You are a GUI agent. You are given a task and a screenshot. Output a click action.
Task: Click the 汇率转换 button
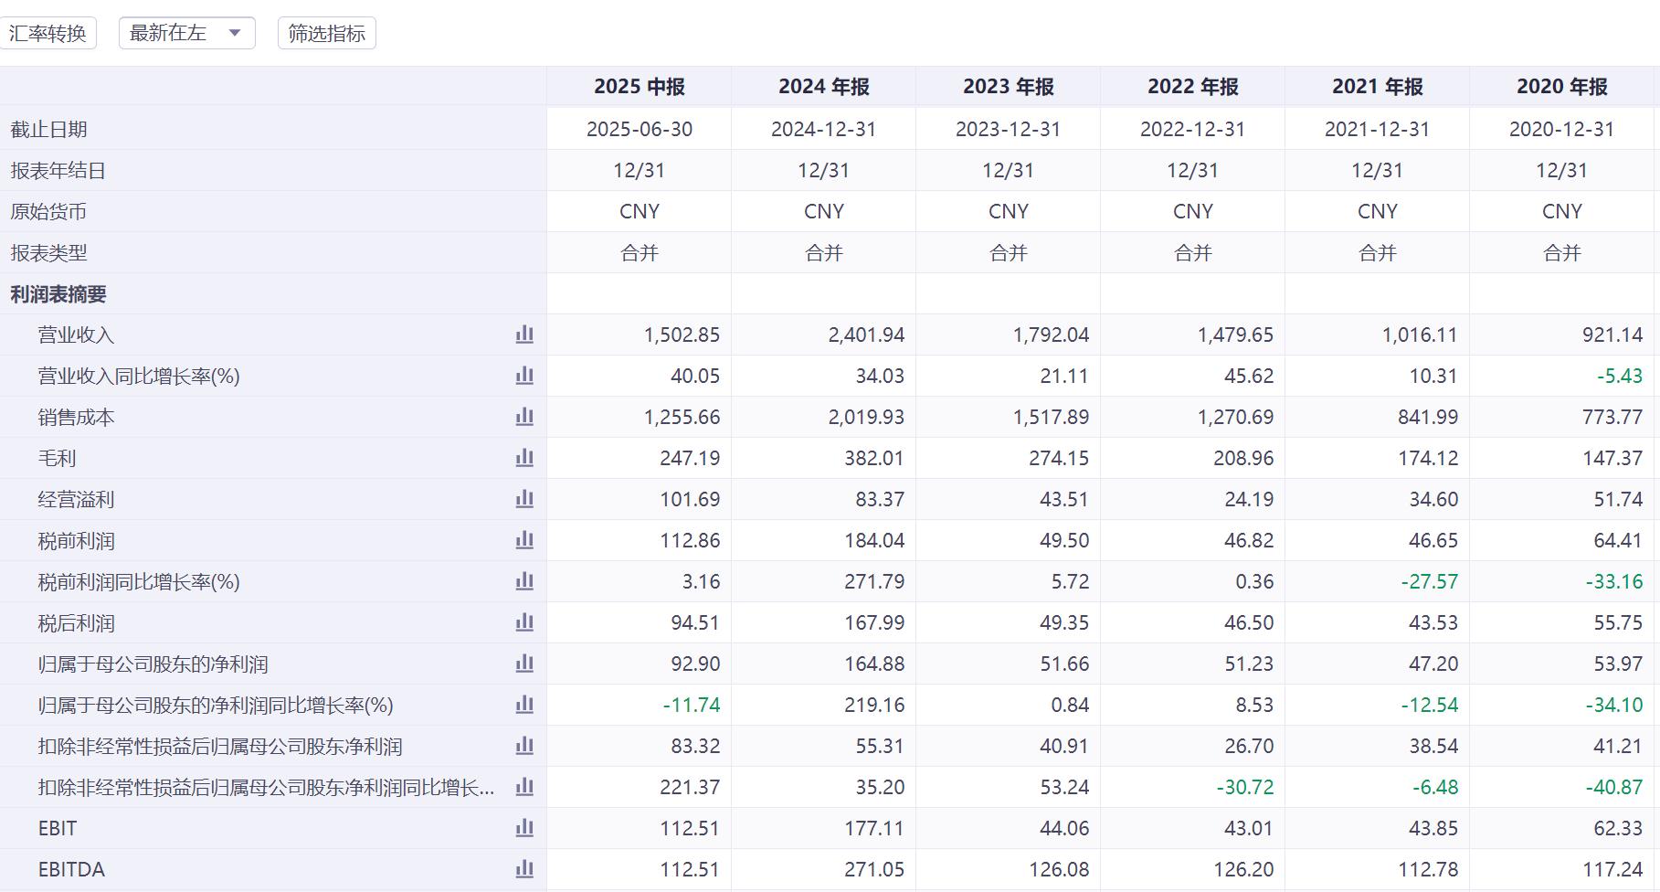(48, 34)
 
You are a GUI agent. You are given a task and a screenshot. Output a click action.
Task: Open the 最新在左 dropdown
(186, 34)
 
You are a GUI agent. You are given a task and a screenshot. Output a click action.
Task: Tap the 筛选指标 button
(326, 34)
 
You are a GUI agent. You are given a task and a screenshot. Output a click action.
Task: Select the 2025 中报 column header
(639, 87)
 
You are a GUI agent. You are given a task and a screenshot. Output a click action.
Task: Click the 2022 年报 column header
(1192, 87)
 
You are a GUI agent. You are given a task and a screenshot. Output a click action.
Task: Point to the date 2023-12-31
(1008, 129)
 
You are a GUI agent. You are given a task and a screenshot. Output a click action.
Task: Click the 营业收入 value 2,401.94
(866, 335)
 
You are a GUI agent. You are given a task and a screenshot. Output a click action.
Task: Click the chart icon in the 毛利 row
(524, 458)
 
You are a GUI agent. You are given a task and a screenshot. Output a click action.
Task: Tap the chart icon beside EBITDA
(524, 869)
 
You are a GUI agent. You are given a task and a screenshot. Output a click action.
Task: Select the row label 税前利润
(76, 541)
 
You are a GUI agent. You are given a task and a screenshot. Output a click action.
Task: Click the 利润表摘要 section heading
(58, 294)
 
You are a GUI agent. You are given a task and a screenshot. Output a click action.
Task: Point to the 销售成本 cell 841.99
(1428, 418)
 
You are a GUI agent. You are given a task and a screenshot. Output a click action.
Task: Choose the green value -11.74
(691, 706)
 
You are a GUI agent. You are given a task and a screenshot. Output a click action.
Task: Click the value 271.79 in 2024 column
(874, 582)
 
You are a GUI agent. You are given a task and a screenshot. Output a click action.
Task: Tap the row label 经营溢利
(76, 500)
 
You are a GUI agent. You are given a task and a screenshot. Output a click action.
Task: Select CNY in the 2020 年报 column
(1561, 212)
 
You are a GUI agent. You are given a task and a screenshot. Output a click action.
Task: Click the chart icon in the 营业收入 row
(524, 334)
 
